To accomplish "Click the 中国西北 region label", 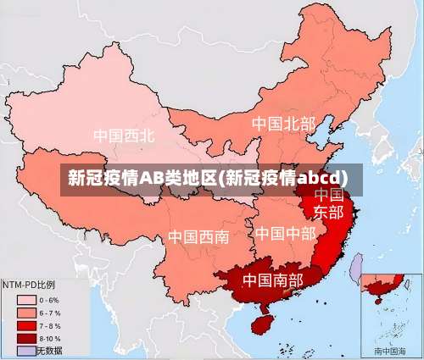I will pyautogui.click(x=124, y=136).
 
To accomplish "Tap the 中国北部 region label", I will pyautogui.click(x=282, y=124).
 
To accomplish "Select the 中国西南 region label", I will pyautogui.click(x=198, y=236).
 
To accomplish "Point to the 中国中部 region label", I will pyautogui.click(x=285, y=233).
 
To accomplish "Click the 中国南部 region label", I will pyautogui.click(x=272, y=279).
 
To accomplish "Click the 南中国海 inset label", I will pyautogui.click(x=390, y=351).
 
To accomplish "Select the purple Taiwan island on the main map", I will pyautogui.click(x=357, y=267).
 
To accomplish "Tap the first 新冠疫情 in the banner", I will pyautogui.click(x=103, y=178).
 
